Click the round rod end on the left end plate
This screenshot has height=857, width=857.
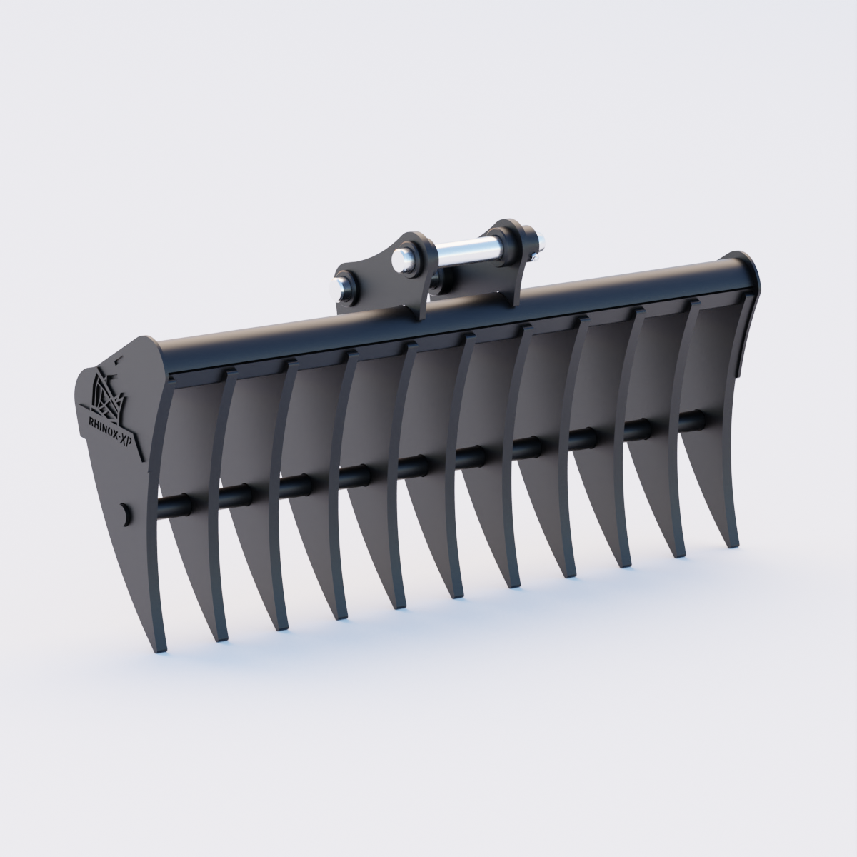[126, 513]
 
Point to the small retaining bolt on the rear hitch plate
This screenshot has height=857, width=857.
[535, 251]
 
